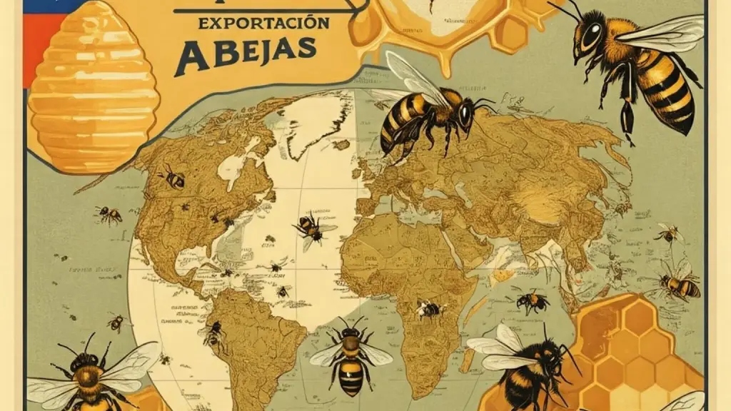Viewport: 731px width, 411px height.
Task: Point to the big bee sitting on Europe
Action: (x=429, y=114)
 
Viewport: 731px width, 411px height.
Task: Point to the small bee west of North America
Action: (x=109, y=213)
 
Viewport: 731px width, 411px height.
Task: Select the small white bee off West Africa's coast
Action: (x=428, y=308)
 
